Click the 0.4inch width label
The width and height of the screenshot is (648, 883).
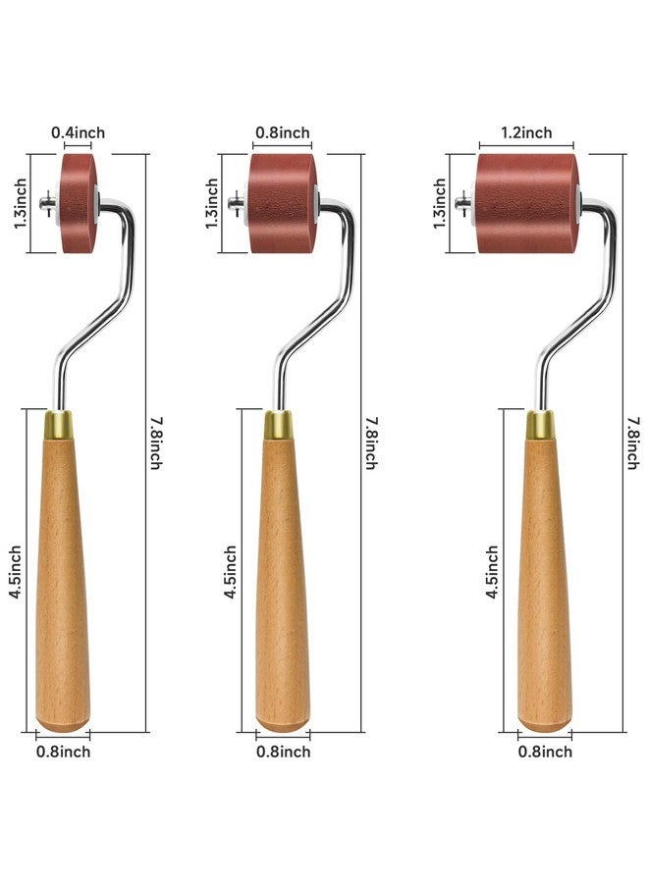[x=78, y=132]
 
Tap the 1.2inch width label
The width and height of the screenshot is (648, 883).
[x=526, y=132]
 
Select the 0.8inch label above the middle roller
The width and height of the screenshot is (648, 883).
[x=283, y=132]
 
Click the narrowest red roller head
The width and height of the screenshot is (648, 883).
[x=79, y=203]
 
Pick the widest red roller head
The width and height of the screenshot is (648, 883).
[x=527, y=203]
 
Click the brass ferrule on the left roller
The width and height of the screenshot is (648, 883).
[x=59, y=425]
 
